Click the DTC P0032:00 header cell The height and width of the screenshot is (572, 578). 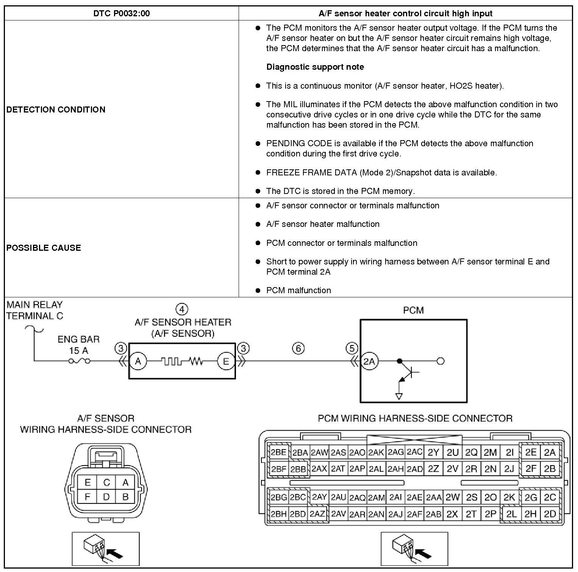[x=121, y=14]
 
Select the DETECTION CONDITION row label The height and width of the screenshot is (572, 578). [x=56, y=109]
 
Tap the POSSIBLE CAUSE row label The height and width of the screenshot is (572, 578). [x=44, y=248]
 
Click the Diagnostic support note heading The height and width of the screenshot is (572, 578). [x=315, y=67]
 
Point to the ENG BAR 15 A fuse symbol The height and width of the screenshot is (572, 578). [x=79, y=361]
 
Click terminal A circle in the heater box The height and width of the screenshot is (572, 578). [x=138, y=361]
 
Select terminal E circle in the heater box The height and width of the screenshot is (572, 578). [x=226, y=361]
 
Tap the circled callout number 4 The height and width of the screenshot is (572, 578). [x=182, y=309]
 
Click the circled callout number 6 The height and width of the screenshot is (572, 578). [x=298, y=348]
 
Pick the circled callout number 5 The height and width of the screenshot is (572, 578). [x=352, y=348]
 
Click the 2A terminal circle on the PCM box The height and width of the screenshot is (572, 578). [x=369, y=361]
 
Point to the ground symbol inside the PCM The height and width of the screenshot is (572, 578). [x=398, y=396]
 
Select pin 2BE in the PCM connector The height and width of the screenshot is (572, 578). [x=278, y=452]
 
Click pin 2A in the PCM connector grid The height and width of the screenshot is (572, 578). [x=550, y=452]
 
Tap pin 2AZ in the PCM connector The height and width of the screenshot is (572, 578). [x=317, y=514]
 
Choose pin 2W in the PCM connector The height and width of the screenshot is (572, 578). [x=452, y=497]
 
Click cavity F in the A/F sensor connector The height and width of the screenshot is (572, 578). [x=87, y=497]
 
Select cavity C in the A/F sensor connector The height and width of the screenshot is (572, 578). [x=106, y=482]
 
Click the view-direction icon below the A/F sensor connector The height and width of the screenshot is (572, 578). [x=106, y=549]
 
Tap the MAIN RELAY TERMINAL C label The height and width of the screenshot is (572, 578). [x=35, y=310]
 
